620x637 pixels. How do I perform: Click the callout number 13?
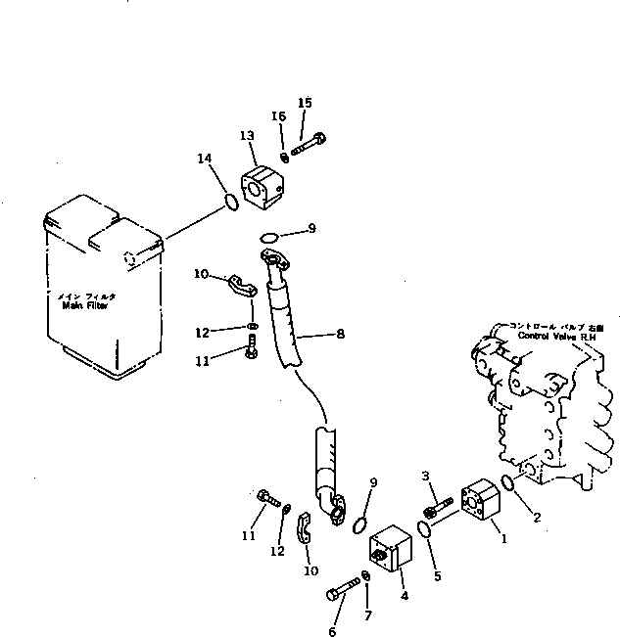tap(246, 135)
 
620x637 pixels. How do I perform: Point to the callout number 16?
tap(279, 116)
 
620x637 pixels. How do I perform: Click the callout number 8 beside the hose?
tap(340, 334)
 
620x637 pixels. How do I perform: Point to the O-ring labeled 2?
tap(508, 481)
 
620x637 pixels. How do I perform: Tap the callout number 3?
tap(426, 476)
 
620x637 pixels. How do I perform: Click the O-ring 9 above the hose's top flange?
tap(270, 236)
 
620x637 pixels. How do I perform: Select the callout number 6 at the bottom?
tap(332, 631)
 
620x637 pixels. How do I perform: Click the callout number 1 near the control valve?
tap(504, 537)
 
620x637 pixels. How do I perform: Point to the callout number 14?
tap(204, 159)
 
